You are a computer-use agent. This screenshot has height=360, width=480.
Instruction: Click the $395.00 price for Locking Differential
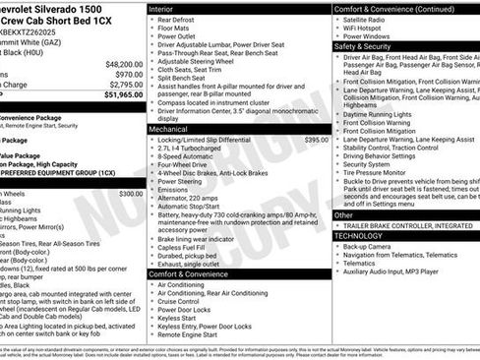(316, 140)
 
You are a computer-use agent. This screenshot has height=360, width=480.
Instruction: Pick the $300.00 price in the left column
(130, 194)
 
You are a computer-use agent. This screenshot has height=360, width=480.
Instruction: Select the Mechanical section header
(168, 129)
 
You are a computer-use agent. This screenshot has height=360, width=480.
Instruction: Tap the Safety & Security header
(363, 45)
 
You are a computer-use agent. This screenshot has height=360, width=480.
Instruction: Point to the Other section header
(343, 214)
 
